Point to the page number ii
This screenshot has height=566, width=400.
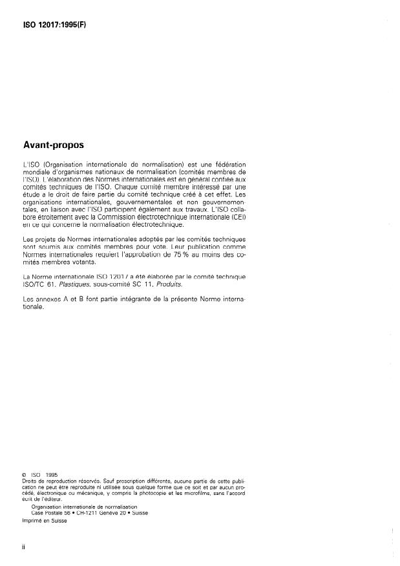point(24,546)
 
